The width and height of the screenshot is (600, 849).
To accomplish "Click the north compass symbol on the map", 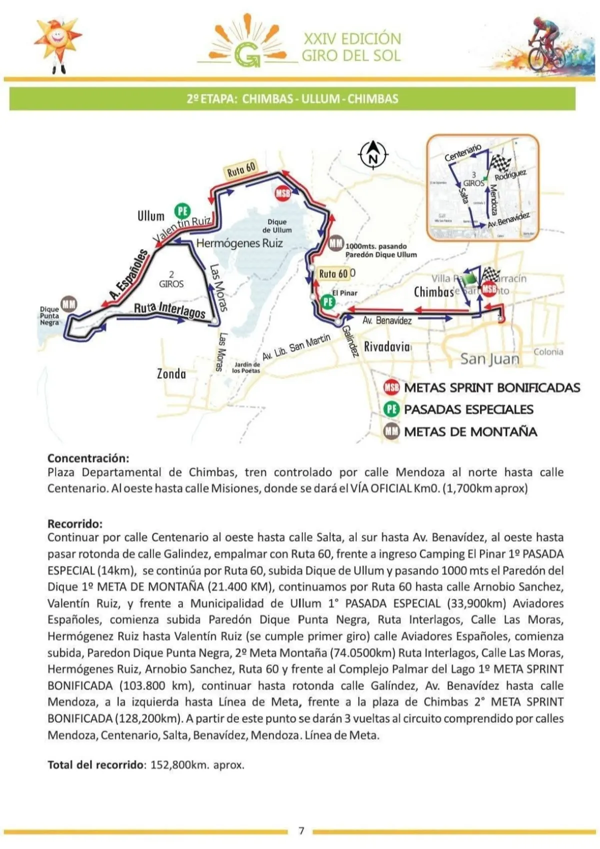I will tap(373, 155).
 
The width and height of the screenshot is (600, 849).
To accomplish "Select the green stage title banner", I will tap(292, 98).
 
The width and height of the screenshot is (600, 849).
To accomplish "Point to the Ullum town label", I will tap(151, 216).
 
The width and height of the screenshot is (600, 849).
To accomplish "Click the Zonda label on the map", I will tap(171, 373).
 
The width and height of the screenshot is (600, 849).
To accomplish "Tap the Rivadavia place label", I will tap(386, 346).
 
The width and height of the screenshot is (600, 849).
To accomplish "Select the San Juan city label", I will tap(489, 358).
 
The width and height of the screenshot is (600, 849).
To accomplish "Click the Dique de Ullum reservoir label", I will tap(277, 226).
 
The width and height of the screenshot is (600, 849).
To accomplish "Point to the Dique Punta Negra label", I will tap(49, 316).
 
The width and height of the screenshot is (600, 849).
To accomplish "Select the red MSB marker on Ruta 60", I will tap(283, 193).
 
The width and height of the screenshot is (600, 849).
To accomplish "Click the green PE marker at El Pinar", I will tap(328, 301).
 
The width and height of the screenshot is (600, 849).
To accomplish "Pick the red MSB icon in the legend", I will tap(391, 387).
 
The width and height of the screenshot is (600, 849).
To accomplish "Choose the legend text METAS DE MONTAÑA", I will tap(470, 431).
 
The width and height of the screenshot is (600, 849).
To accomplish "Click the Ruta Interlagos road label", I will tap(169, 310).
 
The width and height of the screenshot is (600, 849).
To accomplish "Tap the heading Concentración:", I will tap(88, 458).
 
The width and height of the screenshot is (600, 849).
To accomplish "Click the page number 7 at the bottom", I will tap(301, 830).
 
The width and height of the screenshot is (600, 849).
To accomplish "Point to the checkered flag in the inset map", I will tap(499, 162).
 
